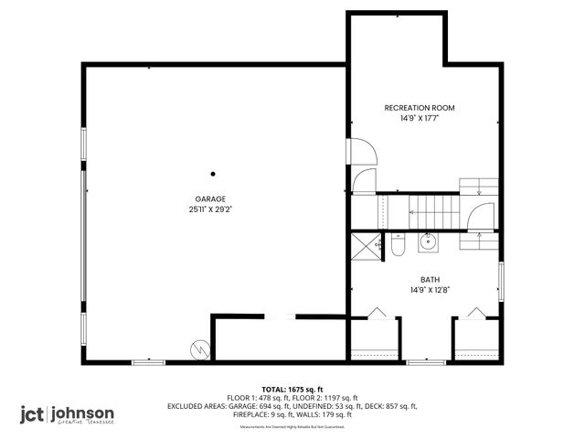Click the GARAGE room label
tap(209, 198)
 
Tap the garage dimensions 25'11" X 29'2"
tap(209, 209)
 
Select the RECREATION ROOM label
tap(420, 108)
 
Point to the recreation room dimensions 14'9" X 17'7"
tap(420, 118)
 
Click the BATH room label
tap(429, 280)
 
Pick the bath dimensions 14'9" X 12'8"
tap(429, 290)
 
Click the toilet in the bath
tap(398, 245)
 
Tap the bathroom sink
tap(427, 242)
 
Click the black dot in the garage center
tap(213, 174)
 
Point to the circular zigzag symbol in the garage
tap(199, 348)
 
